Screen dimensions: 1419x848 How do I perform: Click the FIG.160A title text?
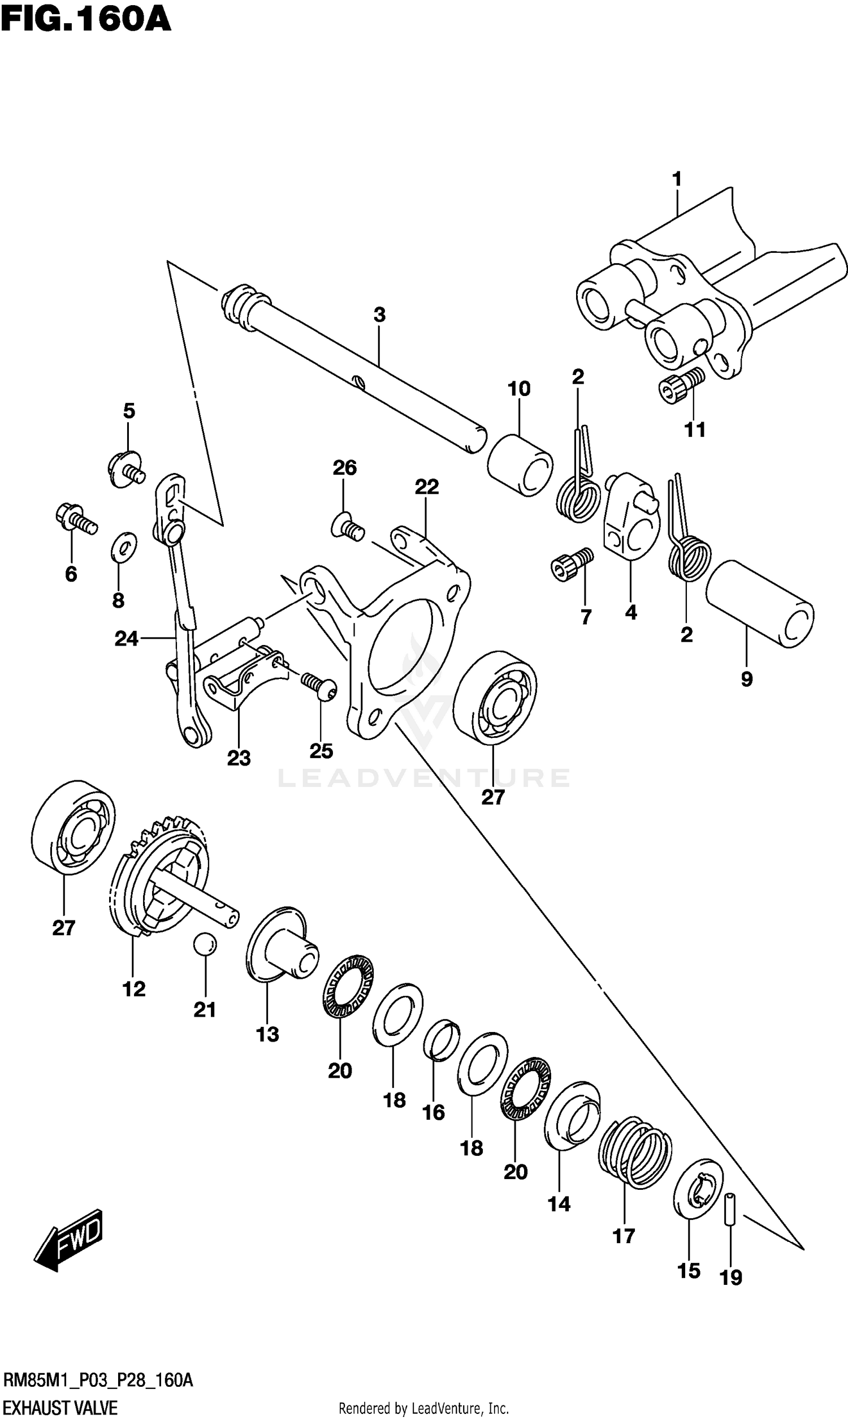(x=86, y=19)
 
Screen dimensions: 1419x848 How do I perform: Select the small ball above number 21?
(x=205, y=943)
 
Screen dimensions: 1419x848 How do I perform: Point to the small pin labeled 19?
(x=730, y=1209)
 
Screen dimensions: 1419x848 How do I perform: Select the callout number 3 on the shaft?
(x=379, y=315)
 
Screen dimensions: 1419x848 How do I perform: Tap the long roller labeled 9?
(x=759, y=604)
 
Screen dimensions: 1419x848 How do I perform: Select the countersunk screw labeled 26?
(x=348, y=526)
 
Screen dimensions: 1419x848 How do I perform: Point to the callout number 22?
(x=426, y=487)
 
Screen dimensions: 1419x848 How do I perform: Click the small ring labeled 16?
(x=441, y=1040)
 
